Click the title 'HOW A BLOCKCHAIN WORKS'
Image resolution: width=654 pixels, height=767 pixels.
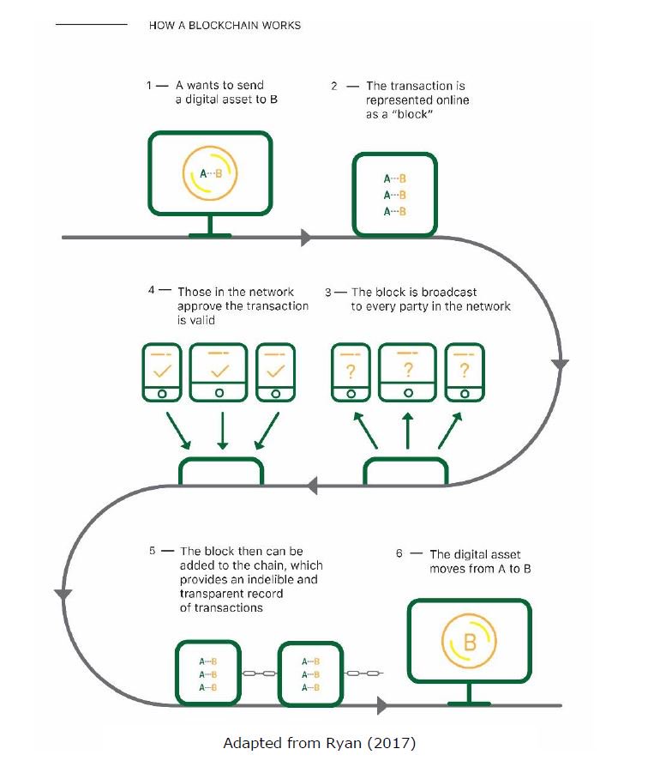pyautogui.click(x=225, y=26)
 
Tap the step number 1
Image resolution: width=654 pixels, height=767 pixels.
pyautogui.click(x=149, y=86)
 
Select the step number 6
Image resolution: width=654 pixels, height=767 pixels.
pyautogui.click(x=399, y=553)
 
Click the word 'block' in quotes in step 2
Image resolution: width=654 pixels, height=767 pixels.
pyautogui.click(x=412, y=114)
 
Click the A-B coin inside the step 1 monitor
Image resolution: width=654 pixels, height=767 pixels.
pyautogui.click(x=210, y=173)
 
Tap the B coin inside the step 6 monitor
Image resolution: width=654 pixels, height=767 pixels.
pyautogui.click(x=469, y=641)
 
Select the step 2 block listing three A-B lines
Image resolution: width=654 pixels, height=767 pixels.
pyautogui.click(x=394, y=194)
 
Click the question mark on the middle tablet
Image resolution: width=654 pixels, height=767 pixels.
pyautogui.click(x=408, y=370)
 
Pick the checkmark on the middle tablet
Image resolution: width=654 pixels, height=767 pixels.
pyautogui.click(x=219, y=371)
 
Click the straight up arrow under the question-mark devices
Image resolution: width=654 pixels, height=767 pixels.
pyautogui.click(x=408, y=431)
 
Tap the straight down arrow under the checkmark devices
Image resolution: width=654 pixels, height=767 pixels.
pyautogui.click(x=222, y=431)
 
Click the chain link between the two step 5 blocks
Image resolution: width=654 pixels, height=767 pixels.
pyautogui.click(x=260, y=673)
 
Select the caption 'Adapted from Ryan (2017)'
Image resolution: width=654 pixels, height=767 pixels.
pyautogui.click(x=319, y=743)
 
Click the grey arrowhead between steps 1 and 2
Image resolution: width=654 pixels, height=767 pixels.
pyautogui.click(x=306, y=238)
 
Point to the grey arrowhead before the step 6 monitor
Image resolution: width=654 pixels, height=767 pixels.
pyautogui.click(x=383, y=705)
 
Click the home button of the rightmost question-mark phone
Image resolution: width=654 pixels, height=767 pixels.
pyautogui.click(x=465, y=394)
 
